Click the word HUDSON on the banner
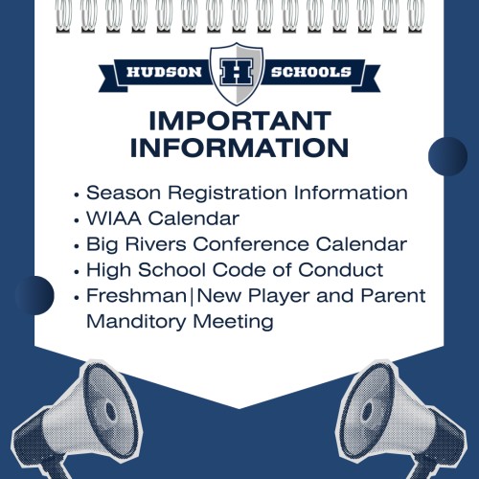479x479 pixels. point(164,72)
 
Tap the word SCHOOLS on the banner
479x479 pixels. point(311,72)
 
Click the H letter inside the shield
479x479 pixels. point(237,72)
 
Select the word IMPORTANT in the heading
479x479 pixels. point(239,121)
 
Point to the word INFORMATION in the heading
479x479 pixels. point(239,148)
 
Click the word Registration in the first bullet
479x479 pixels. point(227,194)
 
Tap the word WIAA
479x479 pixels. point(114,218)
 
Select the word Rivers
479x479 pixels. point(155,244)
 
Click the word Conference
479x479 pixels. point(251,244)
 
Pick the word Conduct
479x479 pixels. point(340,270)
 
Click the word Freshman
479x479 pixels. point(136,295)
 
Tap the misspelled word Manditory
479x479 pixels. point(136,322)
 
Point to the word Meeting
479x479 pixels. point(234,322)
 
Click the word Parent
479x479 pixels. point(393,295)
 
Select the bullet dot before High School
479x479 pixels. point(77,272)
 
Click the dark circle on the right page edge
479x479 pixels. point(447,156)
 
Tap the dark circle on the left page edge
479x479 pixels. point(34,295)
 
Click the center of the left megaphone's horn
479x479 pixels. point(110,412)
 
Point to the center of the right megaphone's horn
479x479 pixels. point(368,412)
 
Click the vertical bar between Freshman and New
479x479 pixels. point(192,296)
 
